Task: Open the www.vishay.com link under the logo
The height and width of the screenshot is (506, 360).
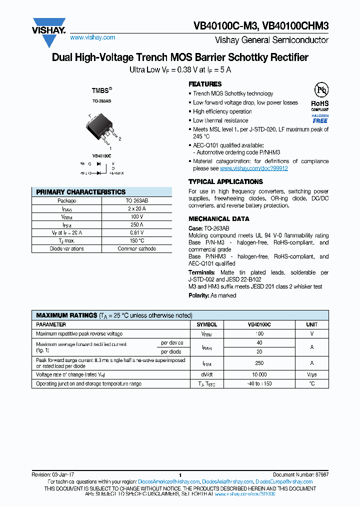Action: click(92, 37)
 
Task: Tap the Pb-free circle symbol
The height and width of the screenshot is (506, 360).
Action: click(320, 90)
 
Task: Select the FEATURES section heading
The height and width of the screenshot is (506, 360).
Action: click(205, 84)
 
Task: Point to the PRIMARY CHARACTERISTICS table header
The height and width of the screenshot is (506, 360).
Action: click(81, 192)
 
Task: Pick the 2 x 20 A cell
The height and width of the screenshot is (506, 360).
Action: click(136, 208)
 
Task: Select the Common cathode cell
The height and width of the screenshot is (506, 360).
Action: click(136, 248)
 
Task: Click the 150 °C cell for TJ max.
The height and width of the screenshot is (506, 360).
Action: click(136, 240)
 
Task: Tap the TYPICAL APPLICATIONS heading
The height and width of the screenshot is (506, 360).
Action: click(225, 182)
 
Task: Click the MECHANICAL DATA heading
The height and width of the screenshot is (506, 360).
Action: click(218, 219)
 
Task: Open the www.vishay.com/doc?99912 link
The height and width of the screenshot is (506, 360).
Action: click(253, 168)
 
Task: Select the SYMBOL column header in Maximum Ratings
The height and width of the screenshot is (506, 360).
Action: click(206, 324)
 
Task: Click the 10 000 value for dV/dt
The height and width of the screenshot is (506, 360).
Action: click(259, 374)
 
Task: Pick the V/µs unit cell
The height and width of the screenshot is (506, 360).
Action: click(311, 374)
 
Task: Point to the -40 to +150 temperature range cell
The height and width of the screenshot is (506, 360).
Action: click(259, 383)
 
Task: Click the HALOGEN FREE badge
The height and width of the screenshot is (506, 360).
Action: click(320, 118)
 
